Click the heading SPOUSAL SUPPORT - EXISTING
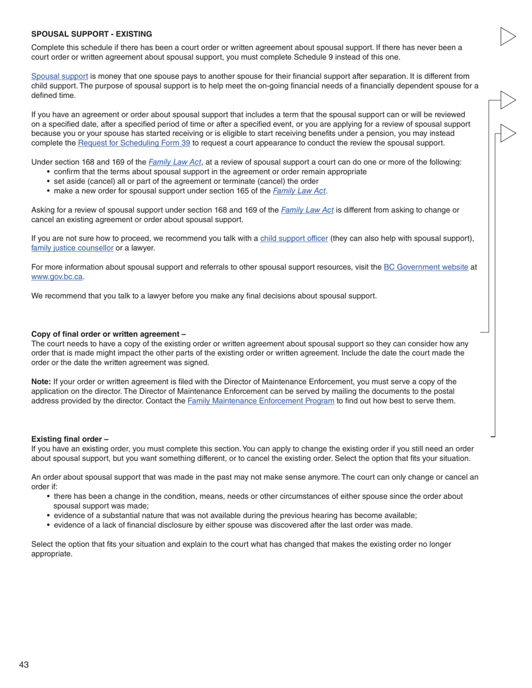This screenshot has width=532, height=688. coord(91,34)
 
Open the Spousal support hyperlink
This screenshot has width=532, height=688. coord(59,76)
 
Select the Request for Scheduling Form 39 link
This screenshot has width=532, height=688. coord(134,143)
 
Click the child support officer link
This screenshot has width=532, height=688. coord(294,238)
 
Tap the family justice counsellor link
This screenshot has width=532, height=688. coord(72,248)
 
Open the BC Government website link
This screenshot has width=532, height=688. coord(426,267)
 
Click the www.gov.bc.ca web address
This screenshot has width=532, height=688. coord(57,276)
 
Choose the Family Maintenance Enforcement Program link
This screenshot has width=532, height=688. coord(260,400)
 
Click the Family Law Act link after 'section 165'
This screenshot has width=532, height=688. coord(299,191)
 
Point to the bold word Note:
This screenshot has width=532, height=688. coord(41,381)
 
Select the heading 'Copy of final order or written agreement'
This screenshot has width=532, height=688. coord(108,334)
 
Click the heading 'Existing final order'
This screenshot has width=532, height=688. coord(69,439)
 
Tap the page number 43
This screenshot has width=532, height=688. coord(24,665)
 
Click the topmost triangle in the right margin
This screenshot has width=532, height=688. coord(507,36)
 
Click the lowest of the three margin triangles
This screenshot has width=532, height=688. coord(507,133)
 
